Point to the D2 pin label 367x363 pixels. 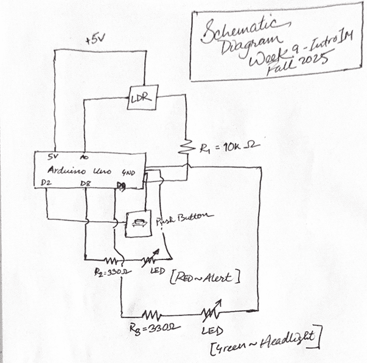(x=47, y=183)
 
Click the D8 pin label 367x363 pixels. (x=87, y=183)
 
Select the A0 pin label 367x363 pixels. (x=84, y=157)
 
